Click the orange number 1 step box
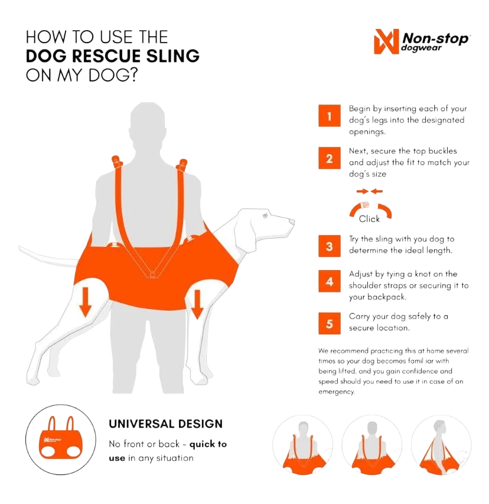330,116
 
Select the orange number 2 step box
330,158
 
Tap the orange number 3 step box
330,246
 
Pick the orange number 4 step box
330,281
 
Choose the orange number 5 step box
330,323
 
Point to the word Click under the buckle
369,219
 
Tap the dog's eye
265,215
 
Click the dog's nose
292,222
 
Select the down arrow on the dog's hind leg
85,302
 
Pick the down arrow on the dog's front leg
197,304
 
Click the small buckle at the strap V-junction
152,275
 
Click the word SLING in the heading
173,56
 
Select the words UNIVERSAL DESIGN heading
165,424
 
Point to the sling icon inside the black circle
61,437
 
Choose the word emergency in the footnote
337,392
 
